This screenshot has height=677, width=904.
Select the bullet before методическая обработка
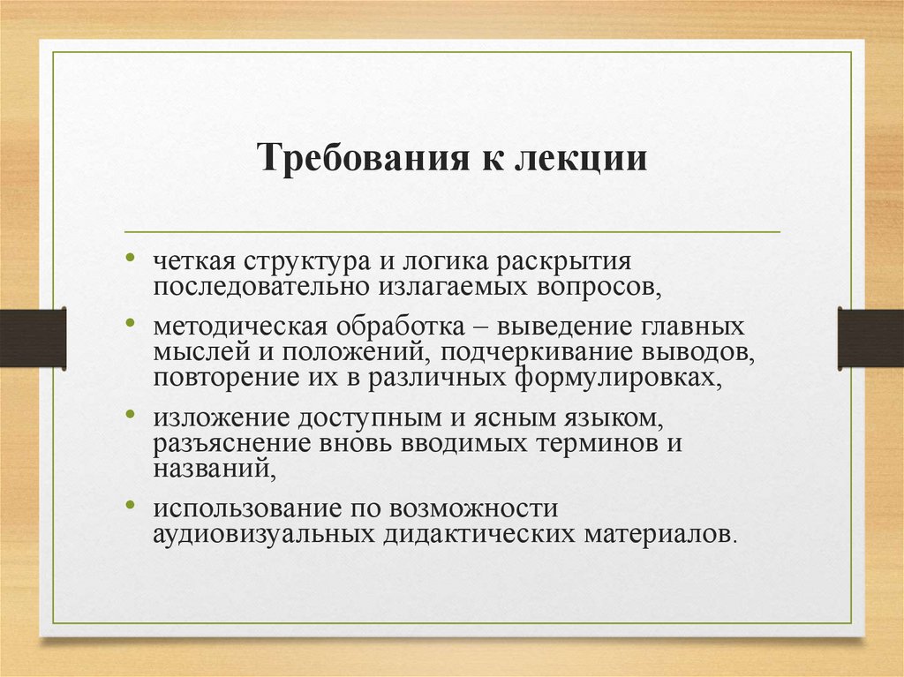[x=130, y=324]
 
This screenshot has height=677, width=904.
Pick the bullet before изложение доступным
[x=130, y=413]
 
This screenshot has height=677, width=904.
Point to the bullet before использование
[x=130, y=506]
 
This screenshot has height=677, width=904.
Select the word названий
[x=212, y=469]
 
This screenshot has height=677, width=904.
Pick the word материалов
[x=658, y=535]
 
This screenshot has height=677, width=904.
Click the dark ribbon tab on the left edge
[x=33, y=338]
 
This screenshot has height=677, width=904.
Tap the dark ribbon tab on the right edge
[x=870, y=338]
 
